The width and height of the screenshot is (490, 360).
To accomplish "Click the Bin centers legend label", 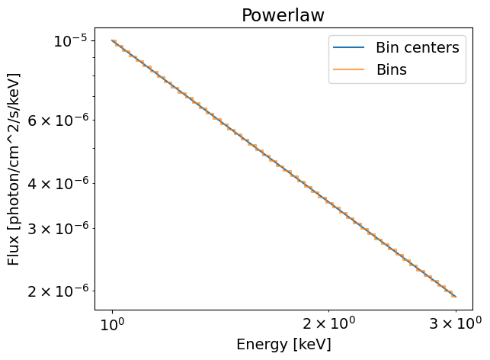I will pos(417,48).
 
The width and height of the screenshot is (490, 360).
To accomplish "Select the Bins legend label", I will pos(391,69).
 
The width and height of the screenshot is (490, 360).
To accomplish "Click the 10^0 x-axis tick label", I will pos(113,323).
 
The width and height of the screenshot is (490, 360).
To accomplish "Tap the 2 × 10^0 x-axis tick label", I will pos(328,323).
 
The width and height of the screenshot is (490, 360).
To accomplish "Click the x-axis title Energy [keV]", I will pos(283,344).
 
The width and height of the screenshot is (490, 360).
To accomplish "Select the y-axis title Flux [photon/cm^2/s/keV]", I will pos(14,169).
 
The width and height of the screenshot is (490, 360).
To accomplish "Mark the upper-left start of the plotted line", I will pos(112,40).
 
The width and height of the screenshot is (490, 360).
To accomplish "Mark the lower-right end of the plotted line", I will pos(455,296).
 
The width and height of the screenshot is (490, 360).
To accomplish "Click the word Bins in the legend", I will pos(391,69).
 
